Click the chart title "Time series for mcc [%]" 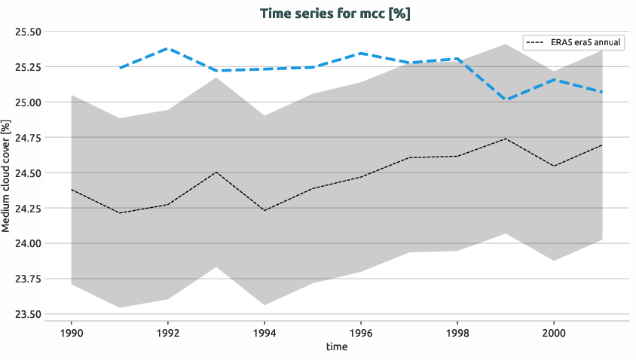335,14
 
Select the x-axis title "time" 337,346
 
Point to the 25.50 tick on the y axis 28,32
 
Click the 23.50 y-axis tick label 28,314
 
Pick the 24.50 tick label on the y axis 28,172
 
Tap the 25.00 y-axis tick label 28,102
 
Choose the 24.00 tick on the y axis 28,243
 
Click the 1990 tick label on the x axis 72,331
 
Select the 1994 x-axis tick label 264,331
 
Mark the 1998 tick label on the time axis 457,331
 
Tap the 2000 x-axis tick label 554,331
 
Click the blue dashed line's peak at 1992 168,48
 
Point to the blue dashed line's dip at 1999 506,99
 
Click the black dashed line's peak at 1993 216,172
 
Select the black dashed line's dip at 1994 264,210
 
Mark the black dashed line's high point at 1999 506,139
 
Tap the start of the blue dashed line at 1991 120,68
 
